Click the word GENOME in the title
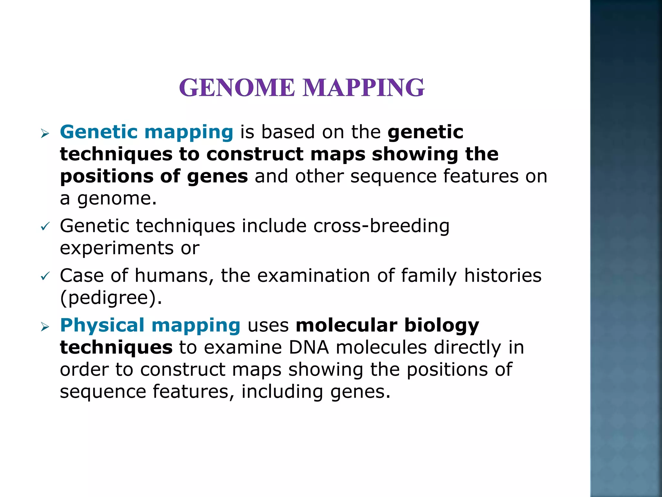click(237, 88)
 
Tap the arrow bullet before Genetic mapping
click(45, 133)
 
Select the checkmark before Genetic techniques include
click(45, 227)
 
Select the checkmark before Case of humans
click(45, 276)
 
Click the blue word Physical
click(102, 326)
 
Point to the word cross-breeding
click(381, 226)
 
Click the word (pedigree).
click(111, 298)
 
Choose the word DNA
click(309, 348)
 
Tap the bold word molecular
click(347, 325)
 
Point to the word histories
click(503, 276)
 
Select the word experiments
click(117, 248)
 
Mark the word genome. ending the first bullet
click(117, 199)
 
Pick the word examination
click(314, 276)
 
